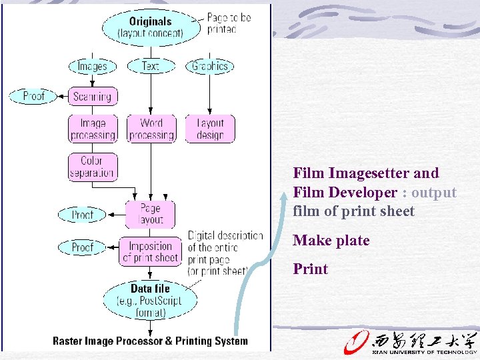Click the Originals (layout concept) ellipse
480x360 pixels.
pyautogui.click(x=150, y=27)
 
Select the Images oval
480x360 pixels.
pyautogui.click(x=92, y=66)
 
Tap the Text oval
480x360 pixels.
pyautogui.click(x=151, y=66)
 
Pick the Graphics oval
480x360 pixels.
pyautogui.click(x=210, y=66)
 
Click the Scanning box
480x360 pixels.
pyautogui.click(x=92, y=97)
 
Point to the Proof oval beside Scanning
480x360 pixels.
pyautogui.click(x=33, y=96)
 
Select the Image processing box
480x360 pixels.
pyautogui.click(x=93, y=129)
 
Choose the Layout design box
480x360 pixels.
pyautogui.click(x=210, y=129)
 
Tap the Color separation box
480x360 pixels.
pyautogui.click(x=92, y=167)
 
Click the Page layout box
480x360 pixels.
pyautogui.click(x=150, y=214)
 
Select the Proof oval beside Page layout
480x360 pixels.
pyautogui.click(x=82, y=215)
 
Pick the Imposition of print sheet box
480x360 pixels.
pyautogui.click(x=150, y=251)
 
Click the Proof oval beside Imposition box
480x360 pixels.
pyautogui.click(x=82, y=247)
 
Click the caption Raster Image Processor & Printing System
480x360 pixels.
pyautogui.click(x=150, y=341)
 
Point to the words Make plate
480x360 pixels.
pyautogui.click(x=331, y=241)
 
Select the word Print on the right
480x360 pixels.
pyautogui.click(x=311, y=269)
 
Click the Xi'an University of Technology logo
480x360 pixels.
pyautogui.click(x=409, y=340)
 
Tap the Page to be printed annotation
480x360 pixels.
pyautogui.click(x=229, y=23)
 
